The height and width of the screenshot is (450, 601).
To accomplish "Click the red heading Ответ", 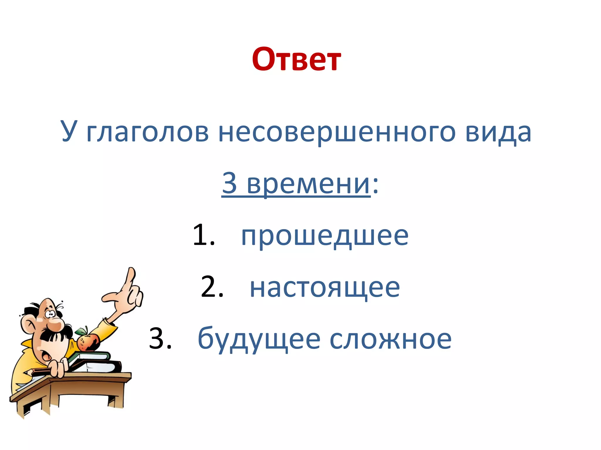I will point(296,59).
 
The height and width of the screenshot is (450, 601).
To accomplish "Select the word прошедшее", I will point(325,236).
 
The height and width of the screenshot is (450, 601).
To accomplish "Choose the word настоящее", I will point(325,288).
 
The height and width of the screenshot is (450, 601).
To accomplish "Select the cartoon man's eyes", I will point(50,314).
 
